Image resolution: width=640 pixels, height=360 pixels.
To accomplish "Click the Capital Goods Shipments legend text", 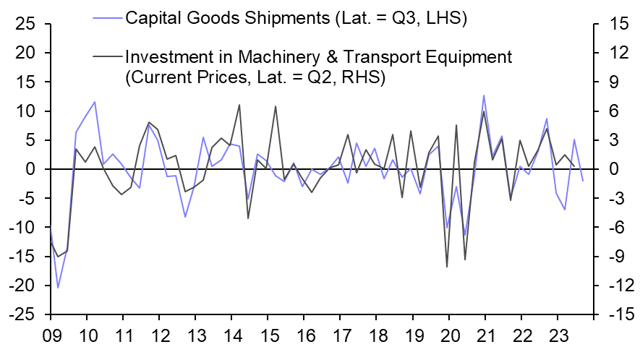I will (296, 18).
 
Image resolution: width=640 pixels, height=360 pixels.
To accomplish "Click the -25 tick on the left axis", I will (24, 315).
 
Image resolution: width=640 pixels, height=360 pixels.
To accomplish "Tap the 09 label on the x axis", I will (51, 337).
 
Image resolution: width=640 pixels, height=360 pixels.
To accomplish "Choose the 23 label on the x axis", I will (558, 337).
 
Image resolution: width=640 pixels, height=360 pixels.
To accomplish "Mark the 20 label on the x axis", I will (449, 337).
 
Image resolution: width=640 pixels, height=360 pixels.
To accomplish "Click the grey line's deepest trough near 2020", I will (447, 267).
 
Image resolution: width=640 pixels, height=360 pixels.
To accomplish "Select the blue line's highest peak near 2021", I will (483, 95).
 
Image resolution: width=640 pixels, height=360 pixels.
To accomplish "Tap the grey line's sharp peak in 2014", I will (239, 105).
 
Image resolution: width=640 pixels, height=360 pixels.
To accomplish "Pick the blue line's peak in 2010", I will (95, 102).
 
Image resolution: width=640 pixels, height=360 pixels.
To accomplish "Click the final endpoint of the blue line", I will (583, 181).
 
